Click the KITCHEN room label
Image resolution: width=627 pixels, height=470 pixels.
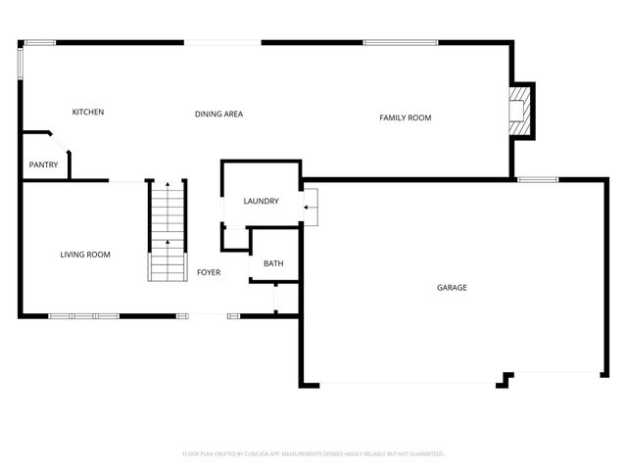coord(87,112)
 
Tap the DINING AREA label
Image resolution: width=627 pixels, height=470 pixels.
coord(218,115)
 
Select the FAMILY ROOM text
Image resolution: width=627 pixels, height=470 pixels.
coord(405,117)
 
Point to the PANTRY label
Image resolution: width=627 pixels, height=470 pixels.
coord(43,164)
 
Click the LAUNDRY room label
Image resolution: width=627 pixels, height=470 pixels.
coord(261,201)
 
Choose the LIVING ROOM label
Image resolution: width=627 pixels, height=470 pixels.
coord(85,255)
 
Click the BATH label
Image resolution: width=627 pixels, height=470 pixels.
coord(273,262)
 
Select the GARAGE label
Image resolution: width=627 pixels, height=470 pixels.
coord(452,288)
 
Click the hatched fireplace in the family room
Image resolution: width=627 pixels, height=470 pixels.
coord(519,110)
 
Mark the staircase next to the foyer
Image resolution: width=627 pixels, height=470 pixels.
coord(167,230)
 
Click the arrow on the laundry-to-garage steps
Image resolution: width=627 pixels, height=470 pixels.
coord(311,207)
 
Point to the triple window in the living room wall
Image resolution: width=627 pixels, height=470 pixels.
coord(83,315)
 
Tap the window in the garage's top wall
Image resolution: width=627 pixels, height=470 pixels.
coord(538,179)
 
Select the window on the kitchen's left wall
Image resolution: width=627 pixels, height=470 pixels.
coord(20,64)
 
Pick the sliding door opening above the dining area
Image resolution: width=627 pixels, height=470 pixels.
coord(224,42)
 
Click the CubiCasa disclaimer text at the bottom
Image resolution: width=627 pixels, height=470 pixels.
coord(313,454)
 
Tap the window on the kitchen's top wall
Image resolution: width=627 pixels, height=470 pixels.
coord(39,42)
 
